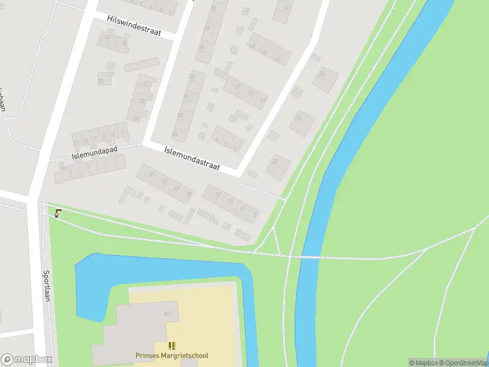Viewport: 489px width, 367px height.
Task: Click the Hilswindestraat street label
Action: tap(134, 25)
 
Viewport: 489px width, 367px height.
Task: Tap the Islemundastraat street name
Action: tap(192, 158)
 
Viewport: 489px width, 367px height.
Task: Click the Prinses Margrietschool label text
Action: tap(172, 355)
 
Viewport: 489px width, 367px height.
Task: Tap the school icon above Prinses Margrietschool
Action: tap(172, 346)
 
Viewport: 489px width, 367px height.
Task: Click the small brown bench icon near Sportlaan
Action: tap(58, 213)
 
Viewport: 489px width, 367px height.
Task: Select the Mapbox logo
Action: tap(27, 360)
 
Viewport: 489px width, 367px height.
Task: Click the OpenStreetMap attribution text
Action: tap(463, 363)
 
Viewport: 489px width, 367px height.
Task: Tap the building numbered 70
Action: tap(103, 80)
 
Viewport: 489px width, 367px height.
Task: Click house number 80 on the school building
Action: tap(166, 314)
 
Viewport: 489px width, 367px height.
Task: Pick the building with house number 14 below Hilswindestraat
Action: tap(108, 38)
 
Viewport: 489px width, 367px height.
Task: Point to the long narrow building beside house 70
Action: tap(141, 65)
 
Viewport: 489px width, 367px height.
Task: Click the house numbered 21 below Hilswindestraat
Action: tap(147, 83)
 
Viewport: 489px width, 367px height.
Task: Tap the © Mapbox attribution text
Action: tap(423, 363)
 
